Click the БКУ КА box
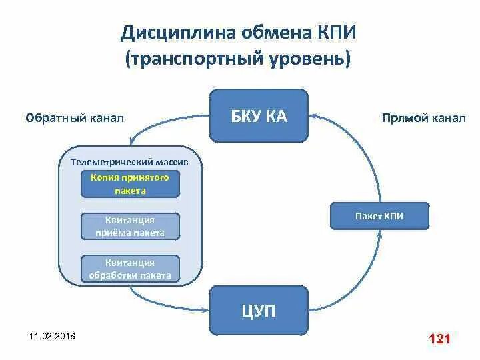click(x=259, y=117)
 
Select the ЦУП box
click(x=259, y=311)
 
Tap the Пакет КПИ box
click(x=380, y=216)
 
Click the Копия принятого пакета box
click(x=130, y=184)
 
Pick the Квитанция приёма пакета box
click(x=130, y=226)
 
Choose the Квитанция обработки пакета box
click(x=130, y=269)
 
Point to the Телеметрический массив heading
click(x=129, y=162)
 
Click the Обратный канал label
click(x=75, y=118)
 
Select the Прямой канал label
click(x=423, y=118)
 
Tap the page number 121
click(x=440, y=339)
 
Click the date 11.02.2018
click(x=52, y=335)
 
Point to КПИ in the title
click(x=333, y=33)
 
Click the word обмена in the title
click(x=269, y=33)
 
